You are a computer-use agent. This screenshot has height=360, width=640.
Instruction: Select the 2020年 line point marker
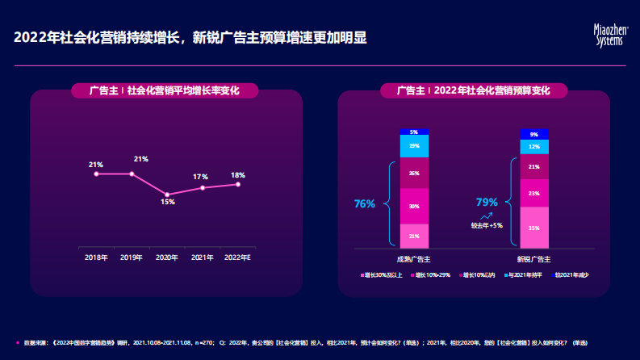pyautogui.click(x=167, y=195)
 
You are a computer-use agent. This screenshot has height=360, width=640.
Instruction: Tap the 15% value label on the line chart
pyautogui.click(x=167, y=202)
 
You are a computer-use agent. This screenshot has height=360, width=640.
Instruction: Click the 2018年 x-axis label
pyautogui.click(x=96, y=257)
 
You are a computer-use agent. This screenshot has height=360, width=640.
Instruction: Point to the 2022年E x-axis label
pyautogui.click(x=237, y=257)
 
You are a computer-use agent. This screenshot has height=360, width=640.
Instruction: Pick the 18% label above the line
pyautogui.click(x=238, y=175)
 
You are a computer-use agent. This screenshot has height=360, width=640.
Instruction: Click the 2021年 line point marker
pyautogui.click(x=203, y=187)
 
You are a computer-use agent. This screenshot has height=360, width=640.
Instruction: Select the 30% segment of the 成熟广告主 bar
pyautogui.click(x=414, y=207)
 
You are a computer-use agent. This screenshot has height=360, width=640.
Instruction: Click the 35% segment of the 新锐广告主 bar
pyautogui.click(x=534, y=228)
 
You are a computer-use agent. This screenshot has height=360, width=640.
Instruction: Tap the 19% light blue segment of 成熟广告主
pyautogui.click(x=414, y=146)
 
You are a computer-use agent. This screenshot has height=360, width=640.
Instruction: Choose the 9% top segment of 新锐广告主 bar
pyautogui.click(x=534, y=134)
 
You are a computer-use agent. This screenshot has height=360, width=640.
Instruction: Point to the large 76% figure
pyautogui.click(x=365, y=203)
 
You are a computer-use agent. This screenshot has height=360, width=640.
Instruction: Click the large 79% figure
pyautogui.click(x=487, y=202)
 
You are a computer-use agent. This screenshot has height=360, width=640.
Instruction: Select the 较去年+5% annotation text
pyautogui.click(x=487, y=225)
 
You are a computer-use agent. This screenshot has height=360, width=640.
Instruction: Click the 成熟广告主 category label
pyautogui.click(x=413, y=259)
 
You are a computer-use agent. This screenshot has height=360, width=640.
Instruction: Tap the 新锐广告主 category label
pyautogui.click(x=534, y=259)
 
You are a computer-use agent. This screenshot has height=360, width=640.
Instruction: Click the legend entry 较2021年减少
pyautogui.click(x=573, y=275)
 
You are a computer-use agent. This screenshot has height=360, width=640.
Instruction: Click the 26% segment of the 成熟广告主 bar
pyautogui.click(x=414, y=174)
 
